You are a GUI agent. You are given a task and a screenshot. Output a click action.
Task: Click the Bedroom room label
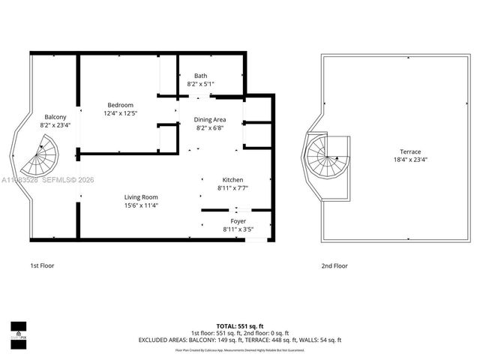120,105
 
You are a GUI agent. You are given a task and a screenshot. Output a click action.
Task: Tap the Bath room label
200,76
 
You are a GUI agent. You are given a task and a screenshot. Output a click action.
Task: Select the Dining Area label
210,120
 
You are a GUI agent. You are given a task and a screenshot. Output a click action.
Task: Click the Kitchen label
232,180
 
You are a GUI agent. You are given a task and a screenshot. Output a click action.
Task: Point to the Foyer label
238,221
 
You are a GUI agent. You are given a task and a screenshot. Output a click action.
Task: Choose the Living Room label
140,197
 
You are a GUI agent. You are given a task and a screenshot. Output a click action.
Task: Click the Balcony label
55,117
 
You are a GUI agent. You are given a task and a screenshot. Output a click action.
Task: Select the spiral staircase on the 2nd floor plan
326,157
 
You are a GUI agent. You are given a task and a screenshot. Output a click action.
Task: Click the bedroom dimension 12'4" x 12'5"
120,113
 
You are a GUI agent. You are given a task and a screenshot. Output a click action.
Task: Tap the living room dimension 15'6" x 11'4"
140,205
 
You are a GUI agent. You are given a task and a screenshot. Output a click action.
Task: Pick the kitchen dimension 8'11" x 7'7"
232,188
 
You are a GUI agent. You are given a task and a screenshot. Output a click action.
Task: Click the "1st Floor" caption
42,265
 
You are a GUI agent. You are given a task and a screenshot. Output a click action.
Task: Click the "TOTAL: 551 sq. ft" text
240,326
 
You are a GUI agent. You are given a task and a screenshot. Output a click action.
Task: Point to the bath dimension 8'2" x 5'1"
200,84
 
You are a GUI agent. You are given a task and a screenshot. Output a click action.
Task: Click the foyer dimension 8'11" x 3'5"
238,229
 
